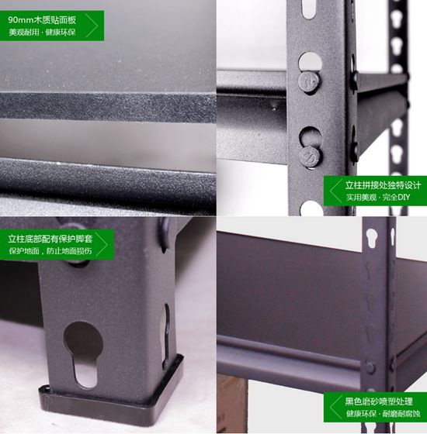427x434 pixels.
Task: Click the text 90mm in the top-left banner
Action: click(21, 20)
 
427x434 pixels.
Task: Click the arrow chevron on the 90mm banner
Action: click(92, 26)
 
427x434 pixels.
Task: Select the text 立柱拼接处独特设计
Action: click(383, 185)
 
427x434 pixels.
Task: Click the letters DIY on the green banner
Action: click(404, 198)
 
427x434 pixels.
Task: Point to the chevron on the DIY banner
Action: click(335, 191)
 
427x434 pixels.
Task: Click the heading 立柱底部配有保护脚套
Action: click(50, 239)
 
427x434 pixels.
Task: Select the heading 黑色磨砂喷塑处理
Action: click(379, 401)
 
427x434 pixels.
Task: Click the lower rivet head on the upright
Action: click(311, 157)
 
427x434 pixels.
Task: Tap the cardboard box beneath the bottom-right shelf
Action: click(231, 404)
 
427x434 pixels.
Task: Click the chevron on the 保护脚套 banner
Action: click(102, 244)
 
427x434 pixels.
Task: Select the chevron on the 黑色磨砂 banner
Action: click(335, 407)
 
